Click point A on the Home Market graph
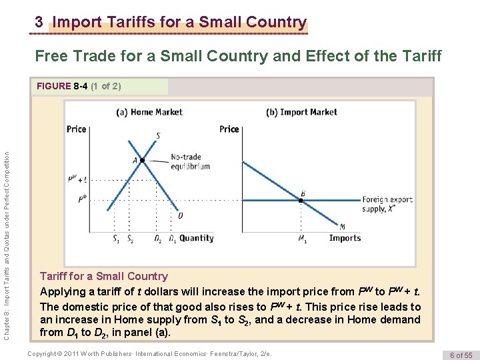tap(142, 160)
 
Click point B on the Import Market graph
tap(301, 199)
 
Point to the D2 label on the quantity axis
tap(158, 239)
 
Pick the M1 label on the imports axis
tap(302, 239)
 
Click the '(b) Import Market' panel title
tap(301, 112)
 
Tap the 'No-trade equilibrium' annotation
tap(190, 162)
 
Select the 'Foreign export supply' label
tap(386, 204)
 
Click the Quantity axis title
tap(197, 238)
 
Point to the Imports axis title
tap(345, 238)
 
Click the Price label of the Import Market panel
tap(229, 129)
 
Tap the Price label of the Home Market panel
tap(77, 129)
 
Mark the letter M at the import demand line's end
tap(342, 227)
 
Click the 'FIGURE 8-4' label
tap(64, 86)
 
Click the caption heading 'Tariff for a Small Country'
tap(103, 276)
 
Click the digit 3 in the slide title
tap(39, 22)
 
